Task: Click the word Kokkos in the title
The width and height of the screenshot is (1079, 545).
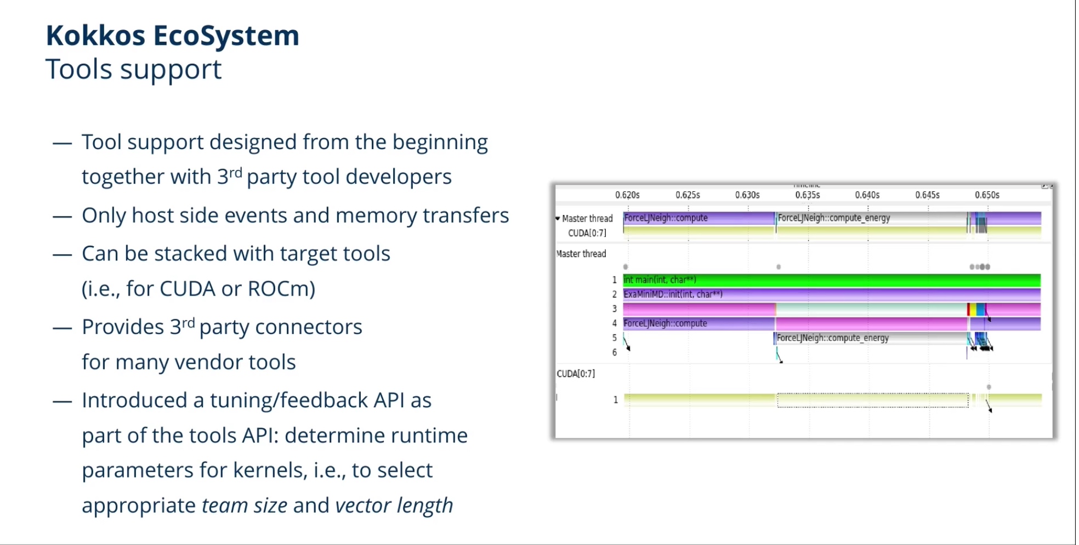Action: click(x=95, y=36)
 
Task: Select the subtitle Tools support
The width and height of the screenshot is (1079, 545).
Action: click(x=133, y=70)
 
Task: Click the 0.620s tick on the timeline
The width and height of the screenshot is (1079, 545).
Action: click(x=627, y=195)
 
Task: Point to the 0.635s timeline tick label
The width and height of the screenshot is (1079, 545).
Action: click(x=808, y=195)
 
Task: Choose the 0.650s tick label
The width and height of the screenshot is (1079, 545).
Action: click(x=987, y=195)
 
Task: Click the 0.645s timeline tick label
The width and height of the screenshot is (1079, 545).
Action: click(x=927, y=195)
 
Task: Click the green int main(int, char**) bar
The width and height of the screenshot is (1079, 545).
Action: click(x=832, y=280)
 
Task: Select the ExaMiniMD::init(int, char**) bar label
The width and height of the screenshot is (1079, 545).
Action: click(x=673, y=294)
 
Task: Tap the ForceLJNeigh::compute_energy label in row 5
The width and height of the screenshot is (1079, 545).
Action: click(x=832, y=338)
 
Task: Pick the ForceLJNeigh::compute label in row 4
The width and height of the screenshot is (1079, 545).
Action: click(x=665, y=323)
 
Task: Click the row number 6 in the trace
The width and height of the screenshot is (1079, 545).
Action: click(x=615, y=353)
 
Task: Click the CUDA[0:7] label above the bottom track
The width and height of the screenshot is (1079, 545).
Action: click(x=576, y=374)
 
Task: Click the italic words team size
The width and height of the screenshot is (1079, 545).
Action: click(x=245, y=506)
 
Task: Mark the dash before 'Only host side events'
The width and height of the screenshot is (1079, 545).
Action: click(x=63, y=217)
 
